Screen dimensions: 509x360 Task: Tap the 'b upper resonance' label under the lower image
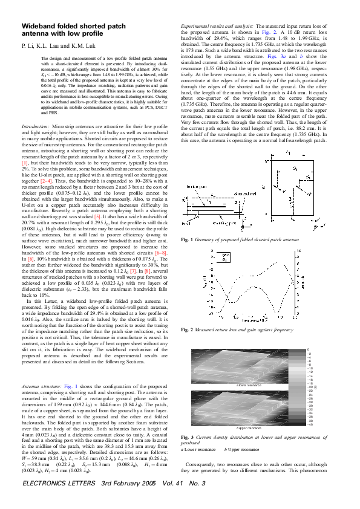[248, 428]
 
